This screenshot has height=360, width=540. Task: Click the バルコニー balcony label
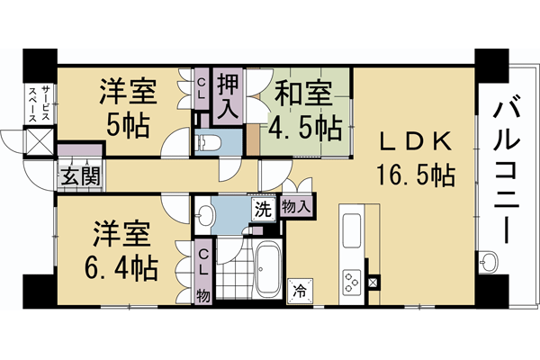[504, 171]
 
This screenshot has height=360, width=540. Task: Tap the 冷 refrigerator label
[298, 291]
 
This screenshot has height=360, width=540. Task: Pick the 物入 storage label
[297, 207]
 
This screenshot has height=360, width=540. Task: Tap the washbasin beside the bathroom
[206, 215]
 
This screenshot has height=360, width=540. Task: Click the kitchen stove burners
[349, 282]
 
